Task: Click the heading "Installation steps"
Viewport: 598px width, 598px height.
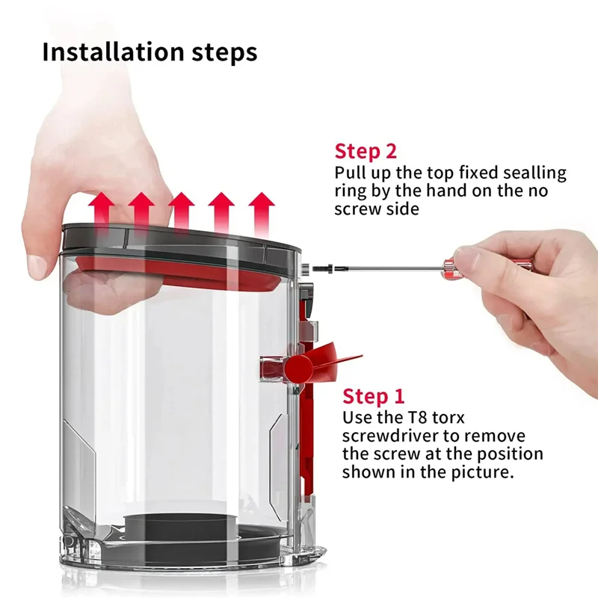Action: click(x=149, y=52)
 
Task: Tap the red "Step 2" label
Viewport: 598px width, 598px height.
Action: click(x=366, y=151)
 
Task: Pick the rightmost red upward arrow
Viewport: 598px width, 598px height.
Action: click(x=262, y=210)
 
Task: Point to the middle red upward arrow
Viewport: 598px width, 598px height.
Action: click(x=182, y=210)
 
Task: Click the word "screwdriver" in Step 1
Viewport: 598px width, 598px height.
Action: click(x=392, y=436)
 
